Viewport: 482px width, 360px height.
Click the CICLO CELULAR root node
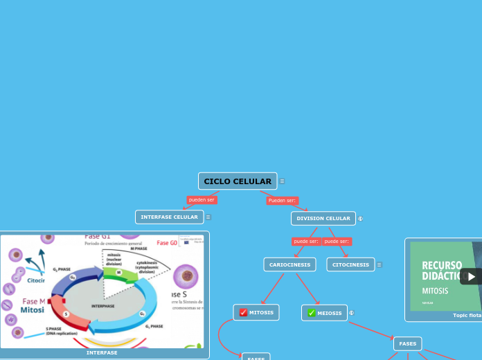238,181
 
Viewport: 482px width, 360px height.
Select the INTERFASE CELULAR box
169,217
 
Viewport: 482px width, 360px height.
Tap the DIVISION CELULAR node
323,219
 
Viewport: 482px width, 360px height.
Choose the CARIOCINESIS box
289,264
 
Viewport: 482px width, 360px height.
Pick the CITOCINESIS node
350,264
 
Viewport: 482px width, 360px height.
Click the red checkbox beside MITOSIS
243,313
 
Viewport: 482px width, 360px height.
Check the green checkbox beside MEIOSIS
312,313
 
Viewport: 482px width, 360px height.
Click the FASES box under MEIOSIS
407,343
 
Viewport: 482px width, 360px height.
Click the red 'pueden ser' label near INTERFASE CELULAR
202,200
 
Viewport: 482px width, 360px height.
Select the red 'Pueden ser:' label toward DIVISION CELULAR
282,201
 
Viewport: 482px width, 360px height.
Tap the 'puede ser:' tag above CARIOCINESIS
305,242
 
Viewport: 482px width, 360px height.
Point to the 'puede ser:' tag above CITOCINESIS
337,242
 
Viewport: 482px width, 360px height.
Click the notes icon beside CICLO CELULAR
282,181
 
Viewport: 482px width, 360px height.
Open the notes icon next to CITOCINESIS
380,264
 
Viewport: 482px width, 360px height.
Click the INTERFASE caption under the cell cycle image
102,353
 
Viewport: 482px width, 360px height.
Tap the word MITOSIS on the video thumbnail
435,291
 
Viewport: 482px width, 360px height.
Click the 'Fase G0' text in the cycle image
167,243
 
